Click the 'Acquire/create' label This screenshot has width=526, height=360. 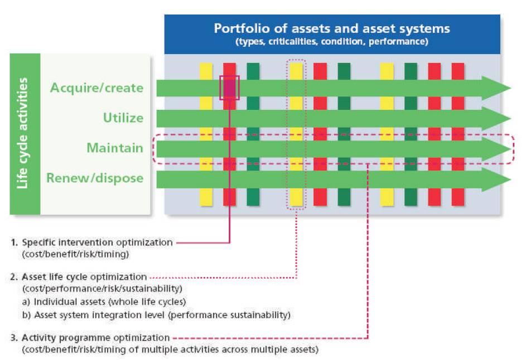(x=96, y=88)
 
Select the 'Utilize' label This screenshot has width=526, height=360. (x=123, y=118)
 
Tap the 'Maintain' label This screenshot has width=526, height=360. (x=115, y=148)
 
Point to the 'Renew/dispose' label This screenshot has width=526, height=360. (x=95, y=178)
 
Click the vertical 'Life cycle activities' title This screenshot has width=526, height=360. (x=22, y=133)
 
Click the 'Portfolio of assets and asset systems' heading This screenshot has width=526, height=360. (x=332, y=28)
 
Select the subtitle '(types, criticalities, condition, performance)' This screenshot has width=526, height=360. (x=332, y=42)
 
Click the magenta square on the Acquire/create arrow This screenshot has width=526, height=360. (x=229, y=88)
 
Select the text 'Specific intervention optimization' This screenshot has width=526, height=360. (x=97, y=242)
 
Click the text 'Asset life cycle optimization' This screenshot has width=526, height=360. (x=84, y=277)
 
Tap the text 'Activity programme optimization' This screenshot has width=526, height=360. (x=95, y=338)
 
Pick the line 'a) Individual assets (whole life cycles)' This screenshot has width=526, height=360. (x=104, y=301)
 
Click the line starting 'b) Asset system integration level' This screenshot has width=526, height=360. (x=156, y=315)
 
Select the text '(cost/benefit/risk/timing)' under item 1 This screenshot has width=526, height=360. (x=75, y=254)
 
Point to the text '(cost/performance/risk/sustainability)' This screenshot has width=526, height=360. (x=102, y=289)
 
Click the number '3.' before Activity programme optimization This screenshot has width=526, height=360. (x=14, y=338)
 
